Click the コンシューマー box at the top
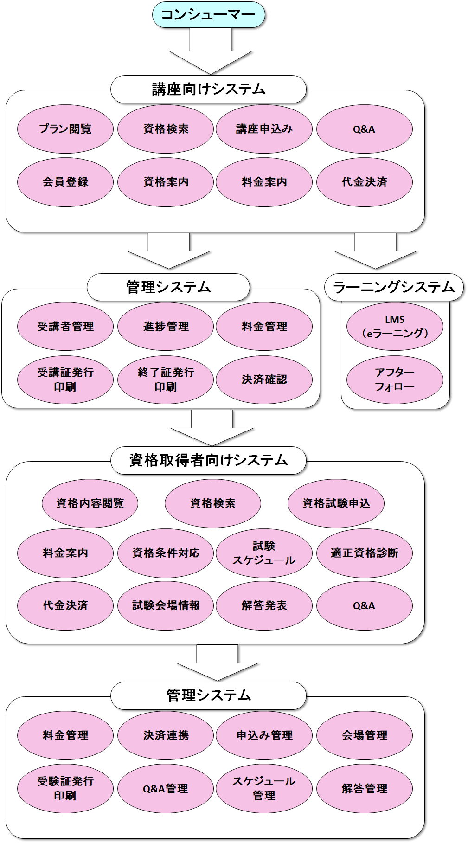click(209, 15)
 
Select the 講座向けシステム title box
click(208, 89)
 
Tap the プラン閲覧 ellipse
click(65, 129)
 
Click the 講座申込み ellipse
click(264, 129)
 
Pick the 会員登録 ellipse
click(65, 182)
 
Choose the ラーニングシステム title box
click(394, 287)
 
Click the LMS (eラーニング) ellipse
click(395, 326)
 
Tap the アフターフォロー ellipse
click(395, 380)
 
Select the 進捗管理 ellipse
click(166, 326)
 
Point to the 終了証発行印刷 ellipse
click(166, 380)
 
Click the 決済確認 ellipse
click(264, 380)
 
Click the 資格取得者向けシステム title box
click(208, 460)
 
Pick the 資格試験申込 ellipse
click(336, 503)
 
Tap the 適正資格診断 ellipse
click(365, 553)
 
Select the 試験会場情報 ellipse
click(166, 605)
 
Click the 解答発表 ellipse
click(264, 605)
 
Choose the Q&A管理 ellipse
click(166, 788)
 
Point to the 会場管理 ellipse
click(365, 735)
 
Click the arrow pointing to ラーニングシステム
click(375, 253)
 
